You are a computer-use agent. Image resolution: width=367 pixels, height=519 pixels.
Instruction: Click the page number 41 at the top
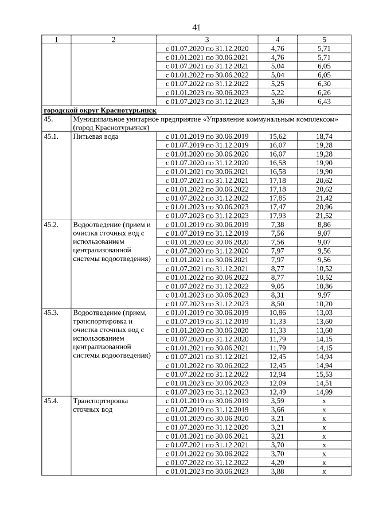(196, 28)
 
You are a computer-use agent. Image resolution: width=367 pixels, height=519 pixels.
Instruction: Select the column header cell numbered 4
(278, 40)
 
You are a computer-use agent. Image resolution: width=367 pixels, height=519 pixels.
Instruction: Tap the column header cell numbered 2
(114, 40)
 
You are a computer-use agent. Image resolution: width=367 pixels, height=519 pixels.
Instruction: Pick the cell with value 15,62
(278, 136)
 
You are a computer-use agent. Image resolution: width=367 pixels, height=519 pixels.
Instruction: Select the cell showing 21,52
(324, 215)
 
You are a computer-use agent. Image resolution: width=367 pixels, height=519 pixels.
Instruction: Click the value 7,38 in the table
(278, 224)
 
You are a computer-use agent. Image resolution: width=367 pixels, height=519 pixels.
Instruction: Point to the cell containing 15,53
(324, 374)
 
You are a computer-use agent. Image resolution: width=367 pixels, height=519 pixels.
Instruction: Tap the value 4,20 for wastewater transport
(278, 462)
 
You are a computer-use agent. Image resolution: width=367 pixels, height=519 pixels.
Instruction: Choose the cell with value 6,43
(324, 102)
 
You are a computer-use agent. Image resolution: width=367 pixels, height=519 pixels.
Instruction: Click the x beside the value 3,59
(324, 400)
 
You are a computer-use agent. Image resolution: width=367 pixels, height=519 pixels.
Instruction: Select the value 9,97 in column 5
(324, 295)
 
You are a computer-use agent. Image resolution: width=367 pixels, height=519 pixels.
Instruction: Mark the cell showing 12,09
(278, 383)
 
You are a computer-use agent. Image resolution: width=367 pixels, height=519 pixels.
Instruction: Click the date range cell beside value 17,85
(206, 198)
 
